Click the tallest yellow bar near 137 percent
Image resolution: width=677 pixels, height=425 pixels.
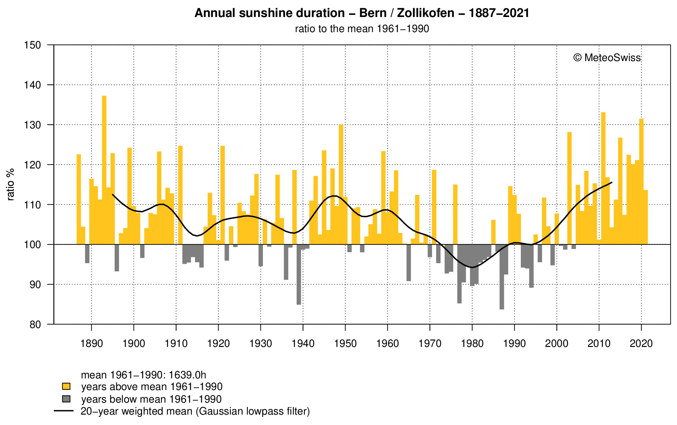pyautogui.click(x=104, y=170)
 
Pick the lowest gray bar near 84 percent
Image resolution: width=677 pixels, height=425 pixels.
pyautogui.click(x=502, y=277)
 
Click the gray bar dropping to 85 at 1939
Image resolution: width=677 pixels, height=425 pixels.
pyautogui.click(x=299, y=274)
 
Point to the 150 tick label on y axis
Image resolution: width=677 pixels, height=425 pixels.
pyautogui.click(x=32, y=45)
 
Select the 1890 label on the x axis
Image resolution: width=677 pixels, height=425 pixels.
pyautogui.click(x=91, y=343)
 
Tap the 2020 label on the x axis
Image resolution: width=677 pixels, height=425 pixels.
pyautogui.click(x=641, y=343)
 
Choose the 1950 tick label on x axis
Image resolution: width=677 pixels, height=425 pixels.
pyautogui.click(x=345, y=343)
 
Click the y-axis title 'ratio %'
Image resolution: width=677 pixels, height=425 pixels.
pyautogui.click(x=11, y=184)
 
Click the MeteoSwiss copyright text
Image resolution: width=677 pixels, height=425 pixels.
pyautogui.click(x=607, y=58)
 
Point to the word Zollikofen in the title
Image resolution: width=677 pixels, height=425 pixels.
pyautogui.click(x=425, y=13)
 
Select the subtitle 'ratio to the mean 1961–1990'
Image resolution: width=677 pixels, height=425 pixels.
pyautogui.click(x=362, y=29)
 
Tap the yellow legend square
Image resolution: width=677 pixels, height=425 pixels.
pyautogui.click(x=66, y=386)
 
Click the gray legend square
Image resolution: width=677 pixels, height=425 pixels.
pyautogui.click(x=66, y=399)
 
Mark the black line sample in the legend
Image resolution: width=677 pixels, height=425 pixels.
pyautogui.click(x=64, y=411)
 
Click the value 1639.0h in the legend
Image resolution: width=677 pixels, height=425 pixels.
pyautogui.click(x=187, y=375)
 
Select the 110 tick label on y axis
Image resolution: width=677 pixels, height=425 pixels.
pyautogui.click(x=32, y=205)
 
